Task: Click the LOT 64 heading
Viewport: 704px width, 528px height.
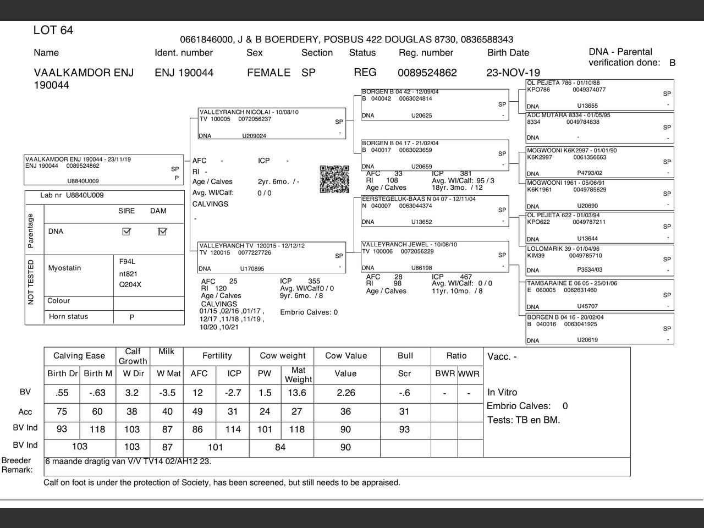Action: click(x=53, y=30)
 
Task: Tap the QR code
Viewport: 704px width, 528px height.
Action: click(x=334, y=179)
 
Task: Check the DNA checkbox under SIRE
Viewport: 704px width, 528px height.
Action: click(x=127, y=232)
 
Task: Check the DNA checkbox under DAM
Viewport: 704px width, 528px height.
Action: click(x=162, y=232)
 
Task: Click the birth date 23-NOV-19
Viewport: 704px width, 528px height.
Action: click(x=513, y=73)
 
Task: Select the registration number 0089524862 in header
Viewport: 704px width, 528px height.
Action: click(x=427, y=73)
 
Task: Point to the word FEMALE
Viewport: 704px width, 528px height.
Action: click(x=268, y=73)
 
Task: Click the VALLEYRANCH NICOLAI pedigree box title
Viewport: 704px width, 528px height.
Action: click(x=249, y=112)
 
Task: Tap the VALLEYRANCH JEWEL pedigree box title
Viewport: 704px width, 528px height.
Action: click(x=409, y=245)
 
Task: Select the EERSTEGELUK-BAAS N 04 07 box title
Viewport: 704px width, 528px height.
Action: click(x=419, y=199)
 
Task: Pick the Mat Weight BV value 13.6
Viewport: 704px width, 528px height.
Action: click(x=296, y=393)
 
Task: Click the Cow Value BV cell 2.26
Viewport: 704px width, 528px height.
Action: click(x=345, y=393)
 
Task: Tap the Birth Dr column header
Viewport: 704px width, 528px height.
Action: click(x=63, y=373)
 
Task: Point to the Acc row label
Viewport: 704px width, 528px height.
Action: click(x=25, y=412)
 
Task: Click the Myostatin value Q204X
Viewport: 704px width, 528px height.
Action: click(x=130, y=284)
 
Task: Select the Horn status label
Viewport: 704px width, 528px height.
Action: click(x=68, y=317)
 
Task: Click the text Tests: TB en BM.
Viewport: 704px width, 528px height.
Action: click(x=524, y=420)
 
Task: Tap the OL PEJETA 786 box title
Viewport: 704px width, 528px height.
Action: click(x=563, y=83)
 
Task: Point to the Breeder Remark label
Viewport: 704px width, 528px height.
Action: click(x=16, y=465)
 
